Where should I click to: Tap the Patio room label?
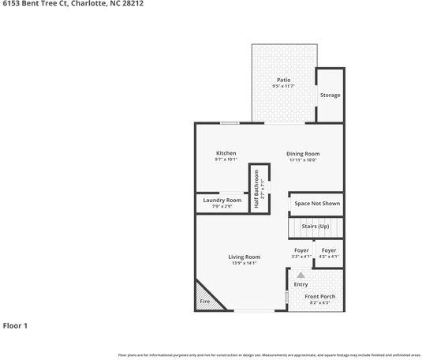click(x=283, y=81)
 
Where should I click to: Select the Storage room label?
click(x=330, y=96)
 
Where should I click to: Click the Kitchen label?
click(x=226, y=153)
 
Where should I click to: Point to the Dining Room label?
click(x=303, y=153)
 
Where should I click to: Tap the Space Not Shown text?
click(x=317, y=204)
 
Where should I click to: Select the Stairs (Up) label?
click(x=316, y=227)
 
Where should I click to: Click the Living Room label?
click(x=245, y=257)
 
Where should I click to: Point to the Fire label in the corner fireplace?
click(x=204, y=302)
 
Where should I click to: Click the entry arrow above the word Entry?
click(x=301, y=274)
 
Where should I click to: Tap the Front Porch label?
click(x=322, y=296)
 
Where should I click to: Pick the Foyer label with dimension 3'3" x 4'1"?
click(x=301, y=250)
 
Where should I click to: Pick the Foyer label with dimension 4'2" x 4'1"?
click(x=329, y=250)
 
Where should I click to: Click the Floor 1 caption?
click(x=15, y=325)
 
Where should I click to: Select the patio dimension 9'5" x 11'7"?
click(x=283, y=87)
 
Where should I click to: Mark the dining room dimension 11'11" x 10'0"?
click(x=303, y=160)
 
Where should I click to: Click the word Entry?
click(x=301, y=284)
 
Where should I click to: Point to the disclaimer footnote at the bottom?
click(x=269, y=355)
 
